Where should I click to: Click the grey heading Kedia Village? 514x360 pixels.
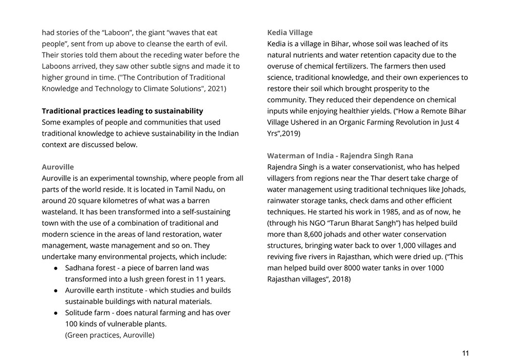point(289,32)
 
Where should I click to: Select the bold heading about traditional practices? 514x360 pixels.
point(122,111)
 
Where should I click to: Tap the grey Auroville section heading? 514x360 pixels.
point(58,167)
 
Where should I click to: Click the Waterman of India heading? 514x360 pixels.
point(340,156)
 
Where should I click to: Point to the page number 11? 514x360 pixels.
point(465,353)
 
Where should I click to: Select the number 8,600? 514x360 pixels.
point(315,235)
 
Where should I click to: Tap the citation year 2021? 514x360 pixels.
point(213,88)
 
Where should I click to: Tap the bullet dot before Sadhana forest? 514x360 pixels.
point(56,268)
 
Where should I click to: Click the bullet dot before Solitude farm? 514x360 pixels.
point(56,313)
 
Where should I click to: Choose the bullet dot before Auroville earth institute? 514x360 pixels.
point(56,291)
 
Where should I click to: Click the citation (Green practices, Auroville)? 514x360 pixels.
point(109,335)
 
